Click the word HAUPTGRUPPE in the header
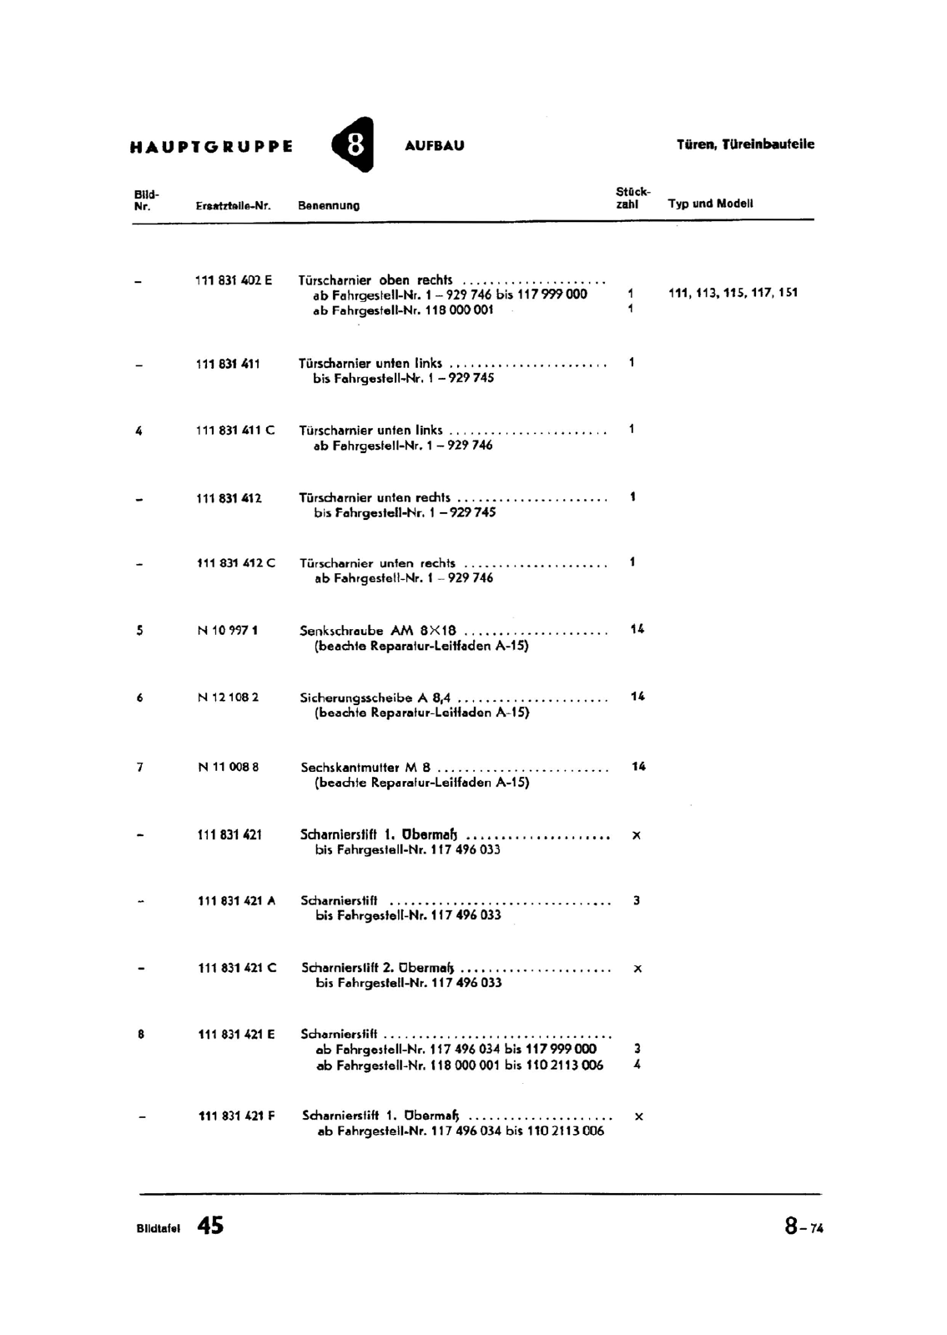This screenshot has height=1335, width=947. pyautogui.click(x=211, y=147)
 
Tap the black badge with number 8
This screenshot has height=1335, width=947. pyautogui.click(x=354, y=145)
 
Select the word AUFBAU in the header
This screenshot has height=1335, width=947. pyautogui.click(x=434, y=146)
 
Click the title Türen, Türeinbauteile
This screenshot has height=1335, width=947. pyautogui.click(x=745, y=144)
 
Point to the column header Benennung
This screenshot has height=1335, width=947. pyautogui.click(x=329, y=205)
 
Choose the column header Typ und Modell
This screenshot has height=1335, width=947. pyautogui.click(x=710, y=204)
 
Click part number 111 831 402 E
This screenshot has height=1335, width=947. pyautogui.click(x=234, y=280)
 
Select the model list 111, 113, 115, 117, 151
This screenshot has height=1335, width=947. pyautogui.click(x=733, y=293)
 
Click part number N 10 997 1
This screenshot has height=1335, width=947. pyautogui.click(x=228, y=631)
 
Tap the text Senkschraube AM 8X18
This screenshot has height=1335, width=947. pyautogui.click(x=378, y=631)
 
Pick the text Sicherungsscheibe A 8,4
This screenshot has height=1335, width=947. pyautogui.click(x=375, y=698)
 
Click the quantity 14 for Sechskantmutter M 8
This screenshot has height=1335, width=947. pyautogui.click(x=638, y=767)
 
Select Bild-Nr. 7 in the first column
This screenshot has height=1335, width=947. pyautogui.click(x=139, y=767)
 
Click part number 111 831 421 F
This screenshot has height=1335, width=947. pyautogui.click(x=236, y=1116)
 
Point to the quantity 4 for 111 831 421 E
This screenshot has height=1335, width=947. pyautogui.click(x=637, y=1065)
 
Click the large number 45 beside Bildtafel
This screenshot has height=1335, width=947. pyautogui.click(x=210, y=1226)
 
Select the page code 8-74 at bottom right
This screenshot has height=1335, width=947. pyautogui.click(x=803, y=1227)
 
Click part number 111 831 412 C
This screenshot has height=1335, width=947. pyautogui.click(x=235, y=563)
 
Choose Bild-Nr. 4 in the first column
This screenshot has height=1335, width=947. pyautogui.click(x=139, y=431)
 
